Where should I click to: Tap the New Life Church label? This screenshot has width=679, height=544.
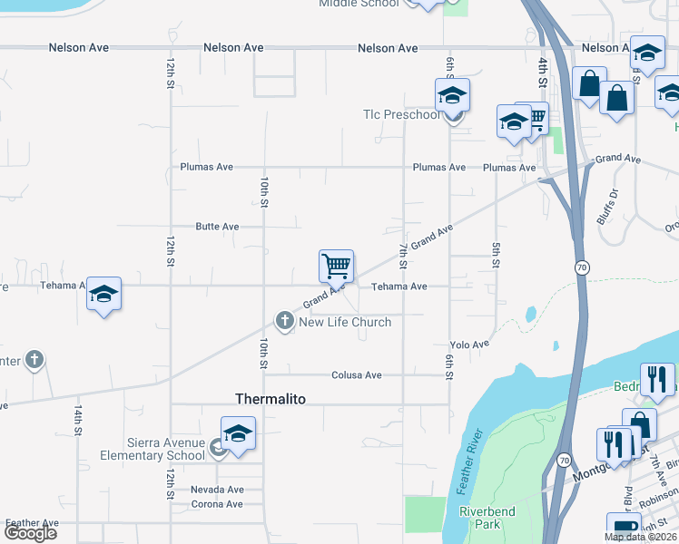tap(345, 322)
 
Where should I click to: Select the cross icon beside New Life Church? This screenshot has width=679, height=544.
tap(284, 320)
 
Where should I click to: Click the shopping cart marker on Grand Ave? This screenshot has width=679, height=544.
tap(336, 267)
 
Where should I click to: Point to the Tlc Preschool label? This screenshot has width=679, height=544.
tap(401, 115)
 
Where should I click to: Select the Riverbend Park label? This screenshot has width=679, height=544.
tap(487, 518)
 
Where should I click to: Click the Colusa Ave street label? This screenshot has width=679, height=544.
tap(356, 374)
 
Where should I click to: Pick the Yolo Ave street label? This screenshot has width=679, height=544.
tap(469, 345)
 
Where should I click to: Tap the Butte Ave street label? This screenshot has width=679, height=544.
tap(217, 226)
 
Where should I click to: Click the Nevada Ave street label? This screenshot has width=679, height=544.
tap(217, 489)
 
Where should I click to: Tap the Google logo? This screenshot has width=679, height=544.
tap(30, 533)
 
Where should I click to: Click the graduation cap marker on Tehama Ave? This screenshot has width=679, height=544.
tap(103, 295)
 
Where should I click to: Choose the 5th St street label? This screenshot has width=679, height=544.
tap(496, 255)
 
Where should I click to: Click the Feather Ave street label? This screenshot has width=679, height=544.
tap(32, 523)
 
